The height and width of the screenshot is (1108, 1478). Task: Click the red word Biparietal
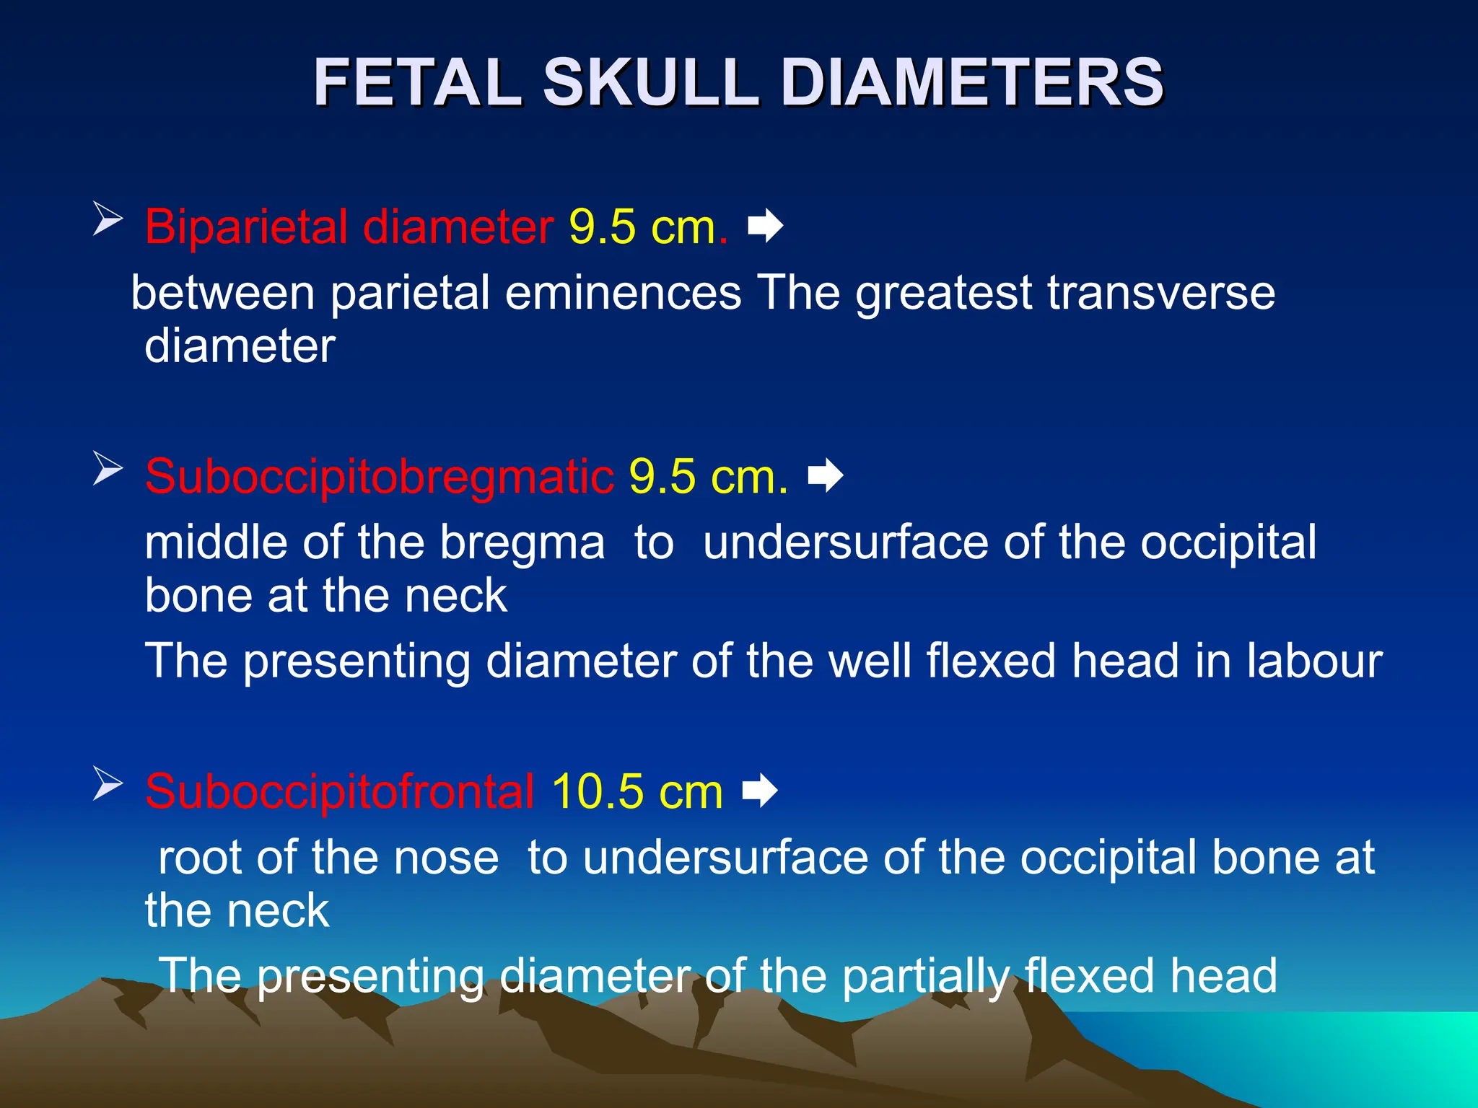[x=246, y=227]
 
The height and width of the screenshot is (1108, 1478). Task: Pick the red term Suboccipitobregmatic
[x=380, y=476]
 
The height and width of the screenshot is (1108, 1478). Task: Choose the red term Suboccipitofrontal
[x=339, y=791]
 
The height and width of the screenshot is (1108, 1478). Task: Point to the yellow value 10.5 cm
[x=637, y=791]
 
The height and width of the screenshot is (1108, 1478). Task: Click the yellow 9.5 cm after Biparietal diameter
[x=648, y=227]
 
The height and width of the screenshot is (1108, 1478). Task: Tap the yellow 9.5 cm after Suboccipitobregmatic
[x=708, y=476]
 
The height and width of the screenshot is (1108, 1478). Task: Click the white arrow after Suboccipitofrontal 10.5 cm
[x=760, y=791]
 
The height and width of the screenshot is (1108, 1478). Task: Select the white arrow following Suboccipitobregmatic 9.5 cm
[x=826, y=475]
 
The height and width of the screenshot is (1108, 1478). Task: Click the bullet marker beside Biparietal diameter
[x=108, y=219]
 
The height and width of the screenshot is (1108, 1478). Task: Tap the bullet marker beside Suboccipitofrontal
[x=108, y=784]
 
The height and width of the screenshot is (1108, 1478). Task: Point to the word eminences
[x=623, y=293]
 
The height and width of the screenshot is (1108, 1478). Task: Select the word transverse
[x=1161, y=293]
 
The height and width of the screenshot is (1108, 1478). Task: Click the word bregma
[x=522, y=542]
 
